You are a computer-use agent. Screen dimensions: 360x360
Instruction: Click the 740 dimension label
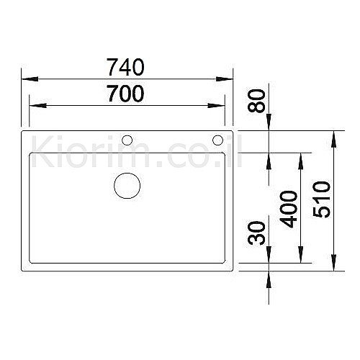pos(125,67)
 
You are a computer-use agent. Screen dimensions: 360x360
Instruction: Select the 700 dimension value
pos(126,94)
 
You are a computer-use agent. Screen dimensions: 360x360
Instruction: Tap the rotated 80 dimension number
pos(256,101)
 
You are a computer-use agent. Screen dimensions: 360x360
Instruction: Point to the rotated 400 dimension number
pos(289,209)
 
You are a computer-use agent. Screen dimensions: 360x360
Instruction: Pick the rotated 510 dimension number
pos(322,199)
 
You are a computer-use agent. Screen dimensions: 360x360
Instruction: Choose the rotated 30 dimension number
pos(256,233)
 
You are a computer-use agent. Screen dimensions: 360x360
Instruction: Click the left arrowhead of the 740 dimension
pos(30,79)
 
